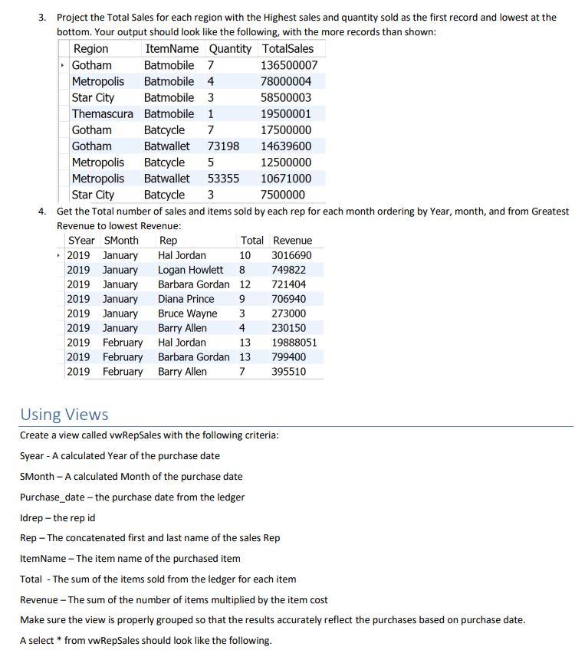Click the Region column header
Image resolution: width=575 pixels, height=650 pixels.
90,49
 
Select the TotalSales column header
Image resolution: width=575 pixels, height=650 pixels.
287,49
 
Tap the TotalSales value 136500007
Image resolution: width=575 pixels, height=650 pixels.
289,65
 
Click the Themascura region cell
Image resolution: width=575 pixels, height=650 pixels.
102,113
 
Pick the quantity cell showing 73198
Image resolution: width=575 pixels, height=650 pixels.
223,146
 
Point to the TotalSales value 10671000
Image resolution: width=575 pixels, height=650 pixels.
286,178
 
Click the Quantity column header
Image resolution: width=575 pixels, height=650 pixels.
230,49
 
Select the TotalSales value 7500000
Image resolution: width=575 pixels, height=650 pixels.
283,195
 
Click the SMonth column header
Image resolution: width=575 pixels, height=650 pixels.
121,241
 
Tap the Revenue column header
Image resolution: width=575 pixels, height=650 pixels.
293,241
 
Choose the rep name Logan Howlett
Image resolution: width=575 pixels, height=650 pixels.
190,270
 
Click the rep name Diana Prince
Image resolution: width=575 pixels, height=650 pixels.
186,299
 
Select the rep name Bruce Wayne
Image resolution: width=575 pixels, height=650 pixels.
187,314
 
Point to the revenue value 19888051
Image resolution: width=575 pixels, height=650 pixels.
294,343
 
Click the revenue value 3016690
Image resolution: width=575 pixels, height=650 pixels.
292,255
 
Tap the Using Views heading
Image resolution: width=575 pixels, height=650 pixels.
64,415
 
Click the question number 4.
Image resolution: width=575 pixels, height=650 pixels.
43,211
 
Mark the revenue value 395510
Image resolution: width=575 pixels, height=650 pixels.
289,372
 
